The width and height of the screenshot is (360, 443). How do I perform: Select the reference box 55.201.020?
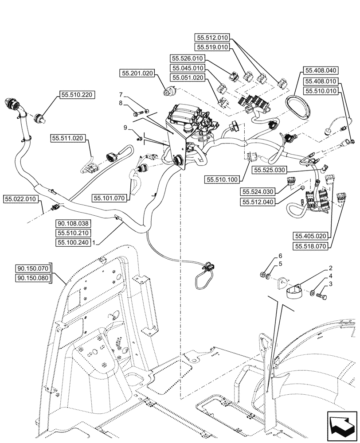tap(136, 73)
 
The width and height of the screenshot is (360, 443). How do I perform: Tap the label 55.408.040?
tap(321, 70)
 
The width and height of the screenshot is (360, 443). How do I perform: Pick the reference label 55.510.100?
tap(222, 179)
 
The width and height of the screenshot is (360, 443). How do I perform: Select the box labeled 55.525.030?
tap(270, 170)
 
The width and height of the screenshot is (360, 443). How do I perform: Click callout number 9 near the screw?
tap(125, 128)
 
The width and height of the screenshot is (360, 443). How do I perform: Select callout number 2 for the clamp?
tap(331, 268)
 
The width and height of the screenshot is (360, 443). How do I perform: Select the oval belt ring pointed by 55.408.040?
tap(301, 105)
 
